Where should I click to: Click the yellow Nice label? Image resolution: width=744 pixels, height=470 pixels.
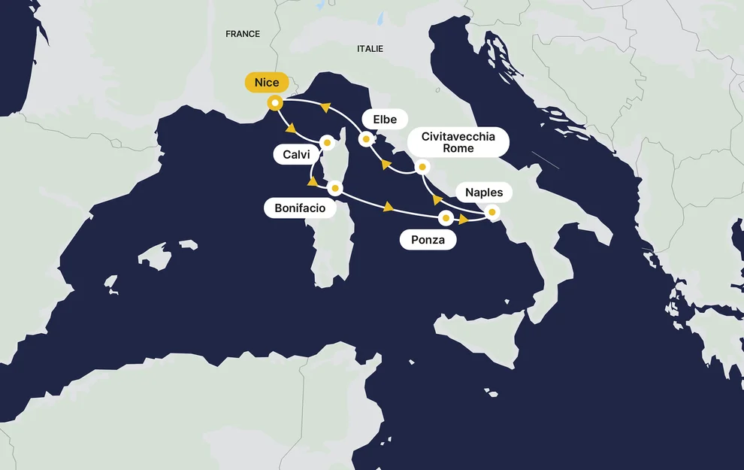coord(267,83)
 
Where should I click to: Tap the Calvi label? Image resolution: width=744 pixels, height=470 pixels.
coord(297,155)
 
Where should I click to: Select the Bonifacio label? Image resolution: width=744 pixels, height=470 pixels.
coord(300,208)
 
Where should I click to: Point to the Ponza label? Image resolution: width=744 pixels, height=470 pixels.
coord(428,241)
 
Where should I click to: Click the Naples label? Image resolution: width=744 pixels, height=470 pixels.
coord(484,193)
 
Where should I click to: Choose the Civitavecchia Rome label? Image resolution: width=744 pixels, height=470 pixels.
coord(458,142)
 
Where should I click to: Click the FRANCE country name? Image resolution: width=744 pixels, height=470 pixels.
coord(243,34)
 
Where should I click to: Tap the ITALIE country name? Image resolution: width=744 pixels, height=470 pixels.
coord(370,49)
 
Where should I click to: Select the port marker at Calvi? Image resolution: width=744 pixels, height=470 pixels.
coord(327,141)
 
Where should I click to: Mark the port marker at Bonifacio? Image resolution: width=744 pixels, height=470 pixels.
coord(335,187)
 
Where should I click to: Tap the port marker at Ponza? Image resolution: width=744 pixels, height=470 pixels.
coord(446,218)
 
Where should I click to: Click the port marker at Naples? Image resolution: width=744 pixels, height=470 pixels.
coord(492,212)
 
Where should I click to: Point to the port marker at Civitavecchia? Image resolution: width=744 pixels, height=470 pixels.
coord(422,167)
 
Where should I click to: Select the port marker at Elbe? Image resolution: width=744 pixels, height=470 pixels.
coord(366,138)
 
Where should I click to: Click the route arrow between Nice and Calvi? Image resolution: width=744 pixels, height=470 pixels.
coord(290,127)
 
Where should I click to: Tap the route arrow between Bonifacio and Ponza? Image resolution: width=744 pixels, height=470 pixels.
coord(389,207)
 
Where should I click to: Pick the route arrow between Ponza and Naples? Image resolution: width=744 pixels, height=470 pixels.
coord(464,220)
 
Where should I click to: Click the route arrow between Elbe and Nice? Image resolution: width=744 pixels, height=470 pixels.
coord(325,108)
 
